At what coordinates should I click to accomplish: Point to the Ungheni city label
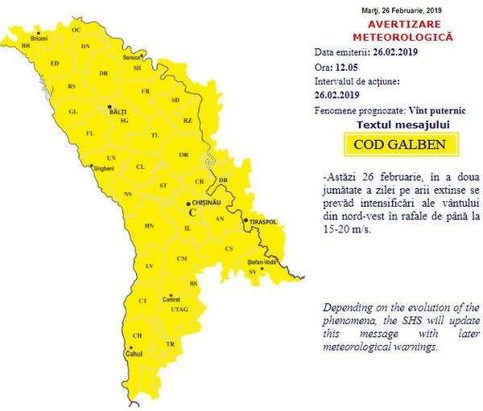[105, 168]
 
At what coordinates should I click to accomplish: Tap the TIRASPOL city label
[262, 221]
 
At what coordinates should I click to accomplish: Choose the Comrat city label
[171, 300]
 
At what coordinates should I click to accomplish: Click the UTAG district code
[180, 309]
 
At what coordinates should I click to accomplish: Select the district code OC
[76, 30]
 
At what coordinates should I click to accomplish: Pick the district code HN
[149, 226]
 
